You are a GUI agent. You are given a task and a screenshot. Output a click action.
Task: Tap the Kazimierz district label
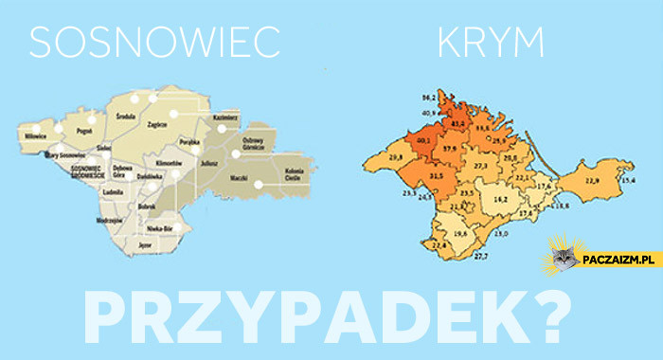coord(226,116)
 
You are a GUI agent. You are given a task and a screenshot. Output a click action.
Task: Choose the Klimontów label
coord(168,163)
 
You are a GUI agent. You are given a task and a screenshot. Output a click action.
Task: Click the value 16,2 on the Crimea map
coord(501,200)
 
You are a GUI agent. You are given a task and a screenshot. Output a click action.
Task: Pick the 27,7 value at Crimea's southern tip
coord(480,257)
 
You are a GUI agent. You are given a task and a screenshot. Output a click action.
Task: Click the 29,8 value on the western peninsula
coord(396,155)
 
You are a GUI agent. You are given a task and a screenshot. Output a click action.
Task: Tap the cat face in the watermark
coord(566,255)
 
